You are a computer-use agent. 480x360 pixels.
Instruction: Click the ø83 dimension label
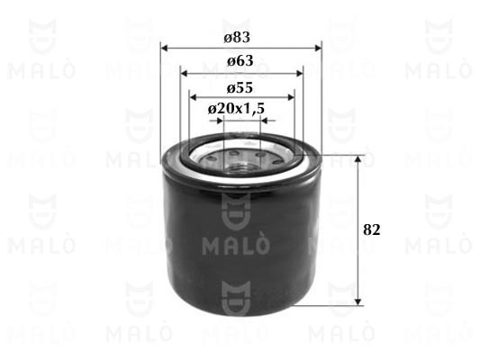[237, 38]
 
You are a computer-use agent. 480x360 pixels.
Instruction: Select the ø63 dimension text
[240, 61]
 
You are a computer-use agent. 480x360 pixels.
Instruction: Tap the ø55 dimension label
[240, 88]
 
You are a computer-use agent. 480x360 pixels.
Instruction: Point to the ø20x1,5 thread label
[236, 109]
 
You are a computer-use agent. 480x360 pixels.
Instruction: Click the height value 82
[372, 230]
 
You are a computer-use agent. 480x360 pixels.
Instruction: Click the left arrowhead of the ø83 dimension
[165, 48]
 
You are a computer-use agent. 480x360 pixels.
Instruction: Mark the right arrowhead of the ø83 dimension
[318, 48]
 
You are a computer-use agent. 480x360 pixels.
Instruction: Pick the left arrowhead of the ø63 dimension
[185, 74]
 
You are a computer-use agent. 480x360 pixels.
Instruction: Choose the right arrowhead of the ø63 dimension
[299, 74]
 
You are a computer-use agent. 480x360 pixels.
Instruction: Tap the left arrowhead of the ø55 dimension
[193, 97]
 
